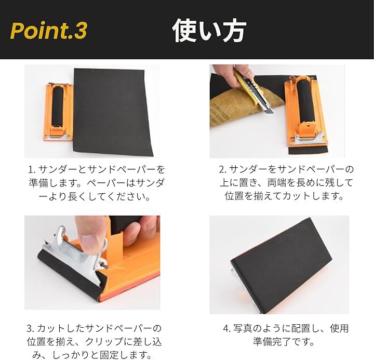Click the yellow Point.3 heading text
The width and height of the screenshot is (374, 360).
pos(48,31)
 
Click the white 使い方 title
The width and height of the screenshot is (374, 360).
pos(209,31)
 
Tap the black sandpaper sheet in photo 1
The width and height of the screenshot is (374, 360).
pos(113,112)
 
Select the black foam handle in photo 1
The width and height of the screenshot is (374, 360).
pos(58,105)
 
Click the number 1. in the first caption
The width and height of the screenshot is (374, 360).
pos(32,170)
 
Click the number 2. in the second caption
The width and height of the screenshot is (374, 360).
pos(223,169)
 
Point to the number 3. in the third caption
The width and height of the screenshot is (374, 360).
pos(31,328)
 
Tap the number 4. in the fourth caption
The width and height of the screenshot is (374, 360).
pos(227,328)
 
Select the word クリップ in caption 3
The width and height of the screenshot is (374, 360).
pos(105,342)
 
